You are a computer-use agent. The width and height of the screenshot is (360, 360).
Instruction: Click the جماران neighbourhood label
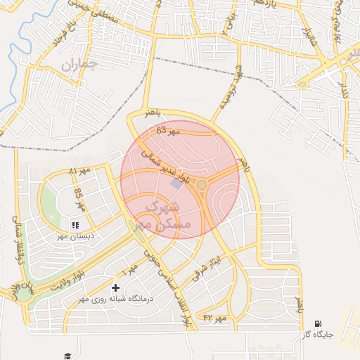[78, 65]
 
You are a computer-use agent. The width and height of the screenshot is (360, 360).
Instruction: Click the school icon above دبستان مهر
[75, 225]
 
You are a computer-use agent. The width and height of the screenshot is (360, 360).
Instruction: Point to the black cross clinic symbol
[116, 288]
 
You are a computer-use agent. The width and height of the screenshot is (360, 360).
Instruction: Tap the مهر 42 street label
[217, 319]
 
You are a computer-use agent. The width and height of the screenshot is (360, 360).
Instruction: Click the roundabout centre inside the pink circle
[202, 185]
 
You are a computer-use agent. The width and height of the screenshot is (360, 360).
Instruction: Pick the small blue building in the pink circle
[175, 184]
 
